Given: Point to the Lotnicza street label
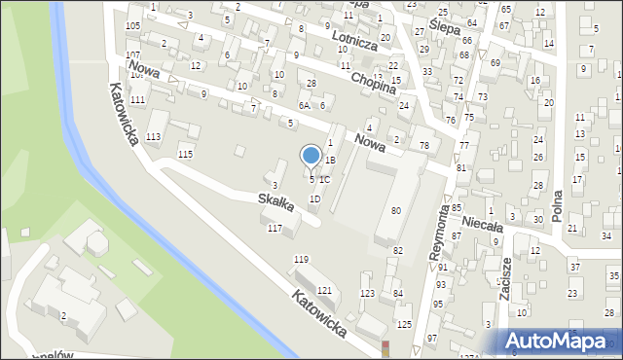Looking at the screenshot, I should [x=353, y=38].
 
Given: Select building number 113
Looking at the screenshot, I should [x=153, y=137].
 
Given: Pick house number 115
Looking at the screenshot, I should [x=185, y=154].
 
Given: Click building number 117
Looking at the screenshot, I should [x=275, y=228].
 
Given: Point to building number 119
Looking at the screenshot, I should [x=301, y=259].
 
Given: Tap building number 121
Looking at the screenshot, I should [x=324, y=291].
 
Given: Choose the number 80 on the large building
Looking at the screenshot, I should [x=395, y=210].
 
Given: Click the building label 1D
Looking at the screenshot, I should [x=314, y=198].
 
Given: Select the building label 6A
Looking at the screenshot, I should [x=305, y=105].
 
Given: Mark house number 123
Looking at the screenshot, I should [x=367, y=293].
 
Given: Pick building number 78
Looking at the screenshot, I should [x=423, y=145].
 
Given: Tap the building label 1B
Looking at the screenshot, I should [x=330, y=160].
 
